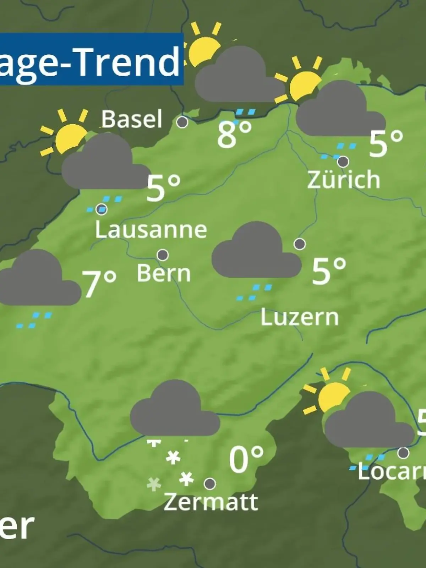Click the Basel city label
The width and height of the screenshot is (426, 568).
[x=132, y=119]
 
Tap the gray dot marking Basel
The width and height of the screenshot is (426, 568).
[x=182, y=122]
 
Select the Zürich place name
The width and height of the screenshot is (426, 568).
[x=343, y=180]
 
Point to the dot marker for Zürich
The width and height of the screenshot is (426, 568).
[x=343, y=162]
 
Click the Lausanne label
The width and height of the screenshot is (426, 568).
[x=151, y=230]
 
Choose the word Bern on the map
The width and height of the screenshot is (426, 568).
[x=164, y=273]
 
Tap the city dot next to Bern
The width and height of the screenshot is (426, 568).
[x=163, y=255]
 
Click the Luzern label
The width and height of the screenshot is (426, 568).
[x=300, y=317]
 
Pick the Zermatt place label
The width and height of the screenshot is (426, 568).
[x=211, y=502]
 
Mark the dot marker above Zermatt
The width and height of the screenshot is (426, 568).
[x=210, y=484]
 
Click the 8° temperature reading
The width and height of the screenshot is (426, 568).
[x=234, y=135]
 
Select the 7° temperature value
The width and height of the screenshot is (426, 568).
[x=99, y=284]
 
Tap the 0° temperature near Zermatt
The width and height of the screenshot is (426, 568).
[x=246, y=459]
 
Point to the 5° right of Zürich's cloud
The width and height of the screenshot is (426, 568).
[x=386, y=143]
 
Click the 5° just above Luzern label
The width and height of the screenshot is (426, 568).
[x=329, y=272]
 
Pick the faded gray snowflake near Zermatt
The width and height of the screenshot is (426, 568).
[x=154, y=484]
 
